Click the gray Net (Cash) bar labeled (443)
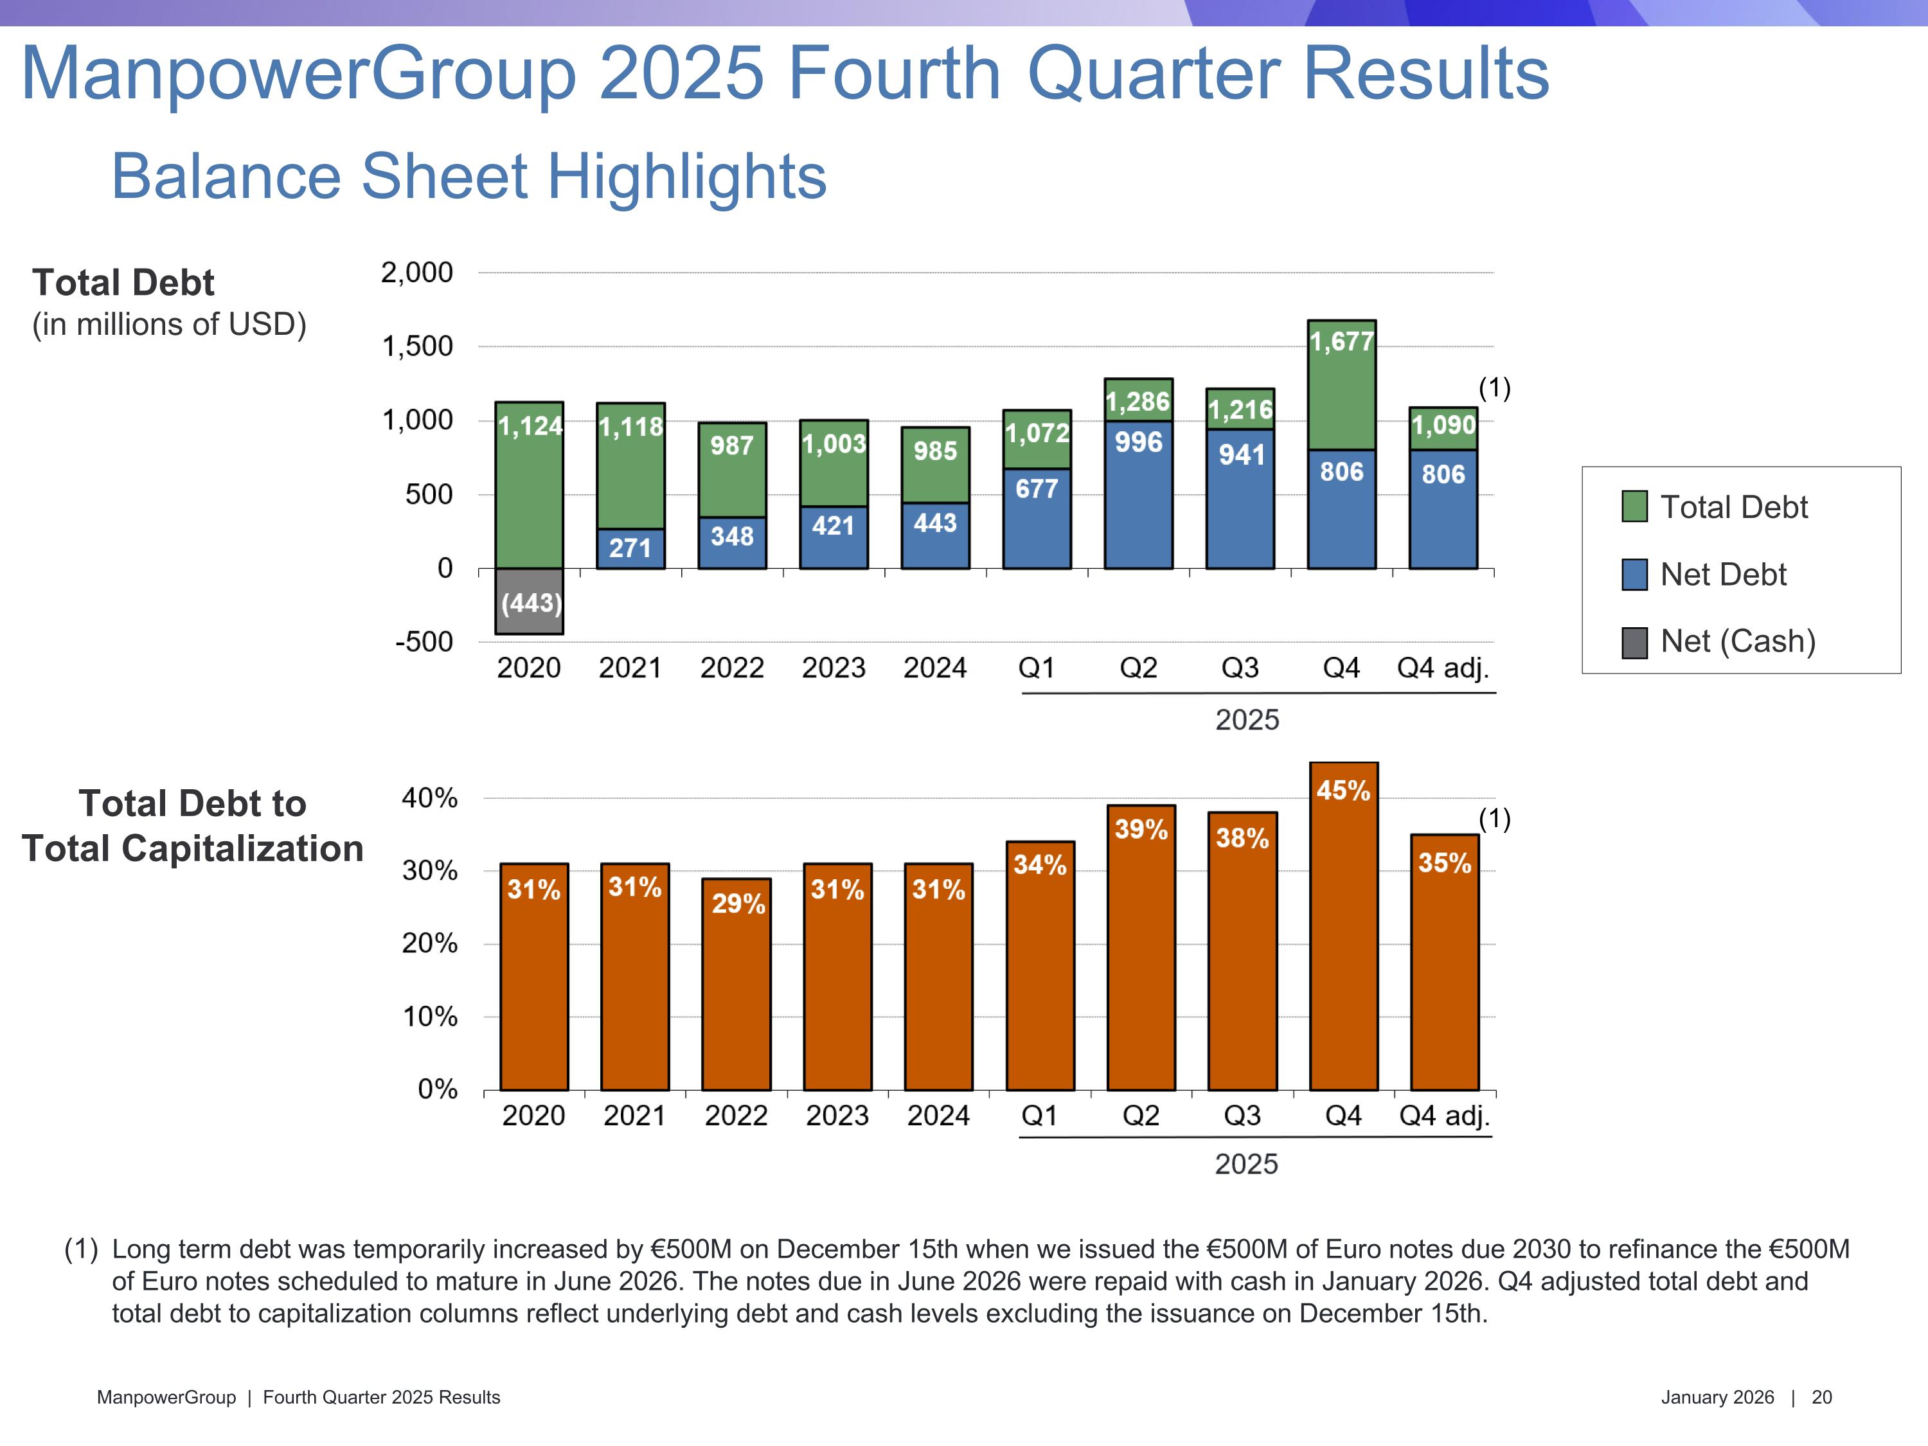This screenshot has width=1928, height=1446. (529, 602)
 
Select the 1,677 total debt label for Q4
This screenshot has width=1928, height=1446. (1341, 342)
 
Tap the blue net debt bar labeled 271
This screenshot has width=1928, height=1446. (630, 549)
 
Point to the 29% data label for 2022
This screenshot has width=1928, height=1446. (737, 904)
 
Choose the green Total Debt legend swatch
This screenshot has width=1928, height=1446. (1634, 506)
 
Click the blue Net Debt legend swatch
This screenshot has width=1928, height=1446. (1634, 575)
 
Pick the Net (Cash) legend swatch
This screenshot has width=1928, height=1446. (1634, 643)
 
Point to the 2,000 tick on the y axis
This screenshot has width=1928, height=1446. (416, 273)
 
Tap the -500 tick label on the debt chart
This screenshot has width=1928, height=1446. (424, 643)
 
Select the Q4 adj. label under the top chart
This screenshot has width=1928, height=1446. (1443, 668)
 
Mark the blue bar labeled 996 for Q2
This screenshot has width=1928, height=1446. (1138, 497)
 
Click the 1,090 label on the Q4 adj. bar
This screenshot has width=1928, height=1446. (1443, 425)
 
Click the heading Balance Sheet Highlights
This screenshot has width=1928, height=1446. (469, 177)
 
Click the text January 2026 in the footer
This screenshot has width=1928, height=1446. (1717, 1397)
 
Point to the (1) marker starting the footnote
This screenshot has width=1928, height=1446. (81, 1249)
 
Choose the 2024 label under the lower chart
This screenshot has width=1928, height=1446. (938, 1116)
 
